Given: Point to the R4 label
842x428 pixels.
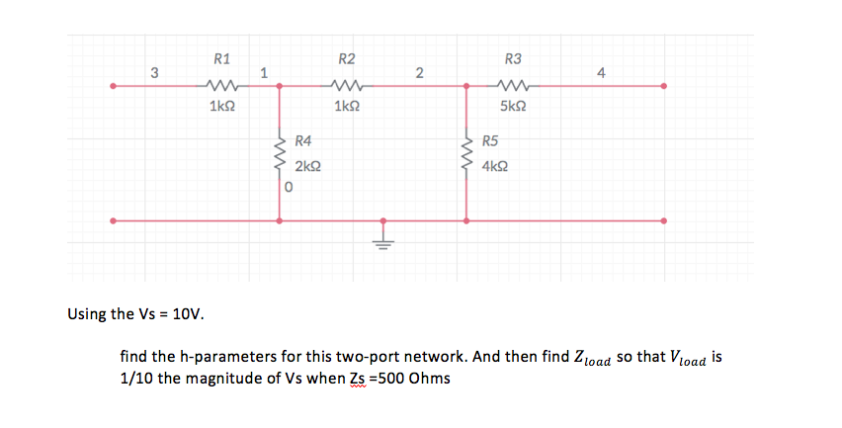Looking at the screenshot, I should click(x=303, y=143).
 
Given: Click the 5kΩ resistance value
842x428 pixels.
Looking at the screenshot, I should click(x=513, y=106).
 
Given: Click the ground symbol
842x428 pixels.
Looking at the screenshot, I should click(x=382, y=235).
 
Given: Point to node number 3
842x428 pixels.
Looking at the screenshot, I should click(x=154, y=71).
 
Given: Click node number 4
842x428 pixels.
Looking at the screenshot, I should click(x=602, y=71).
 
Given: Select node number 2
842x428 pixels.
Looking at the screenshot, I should click(x=419, y=71).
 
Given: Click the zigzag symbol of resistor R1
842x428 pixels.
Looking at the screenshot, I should click(x=222, y=86).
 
